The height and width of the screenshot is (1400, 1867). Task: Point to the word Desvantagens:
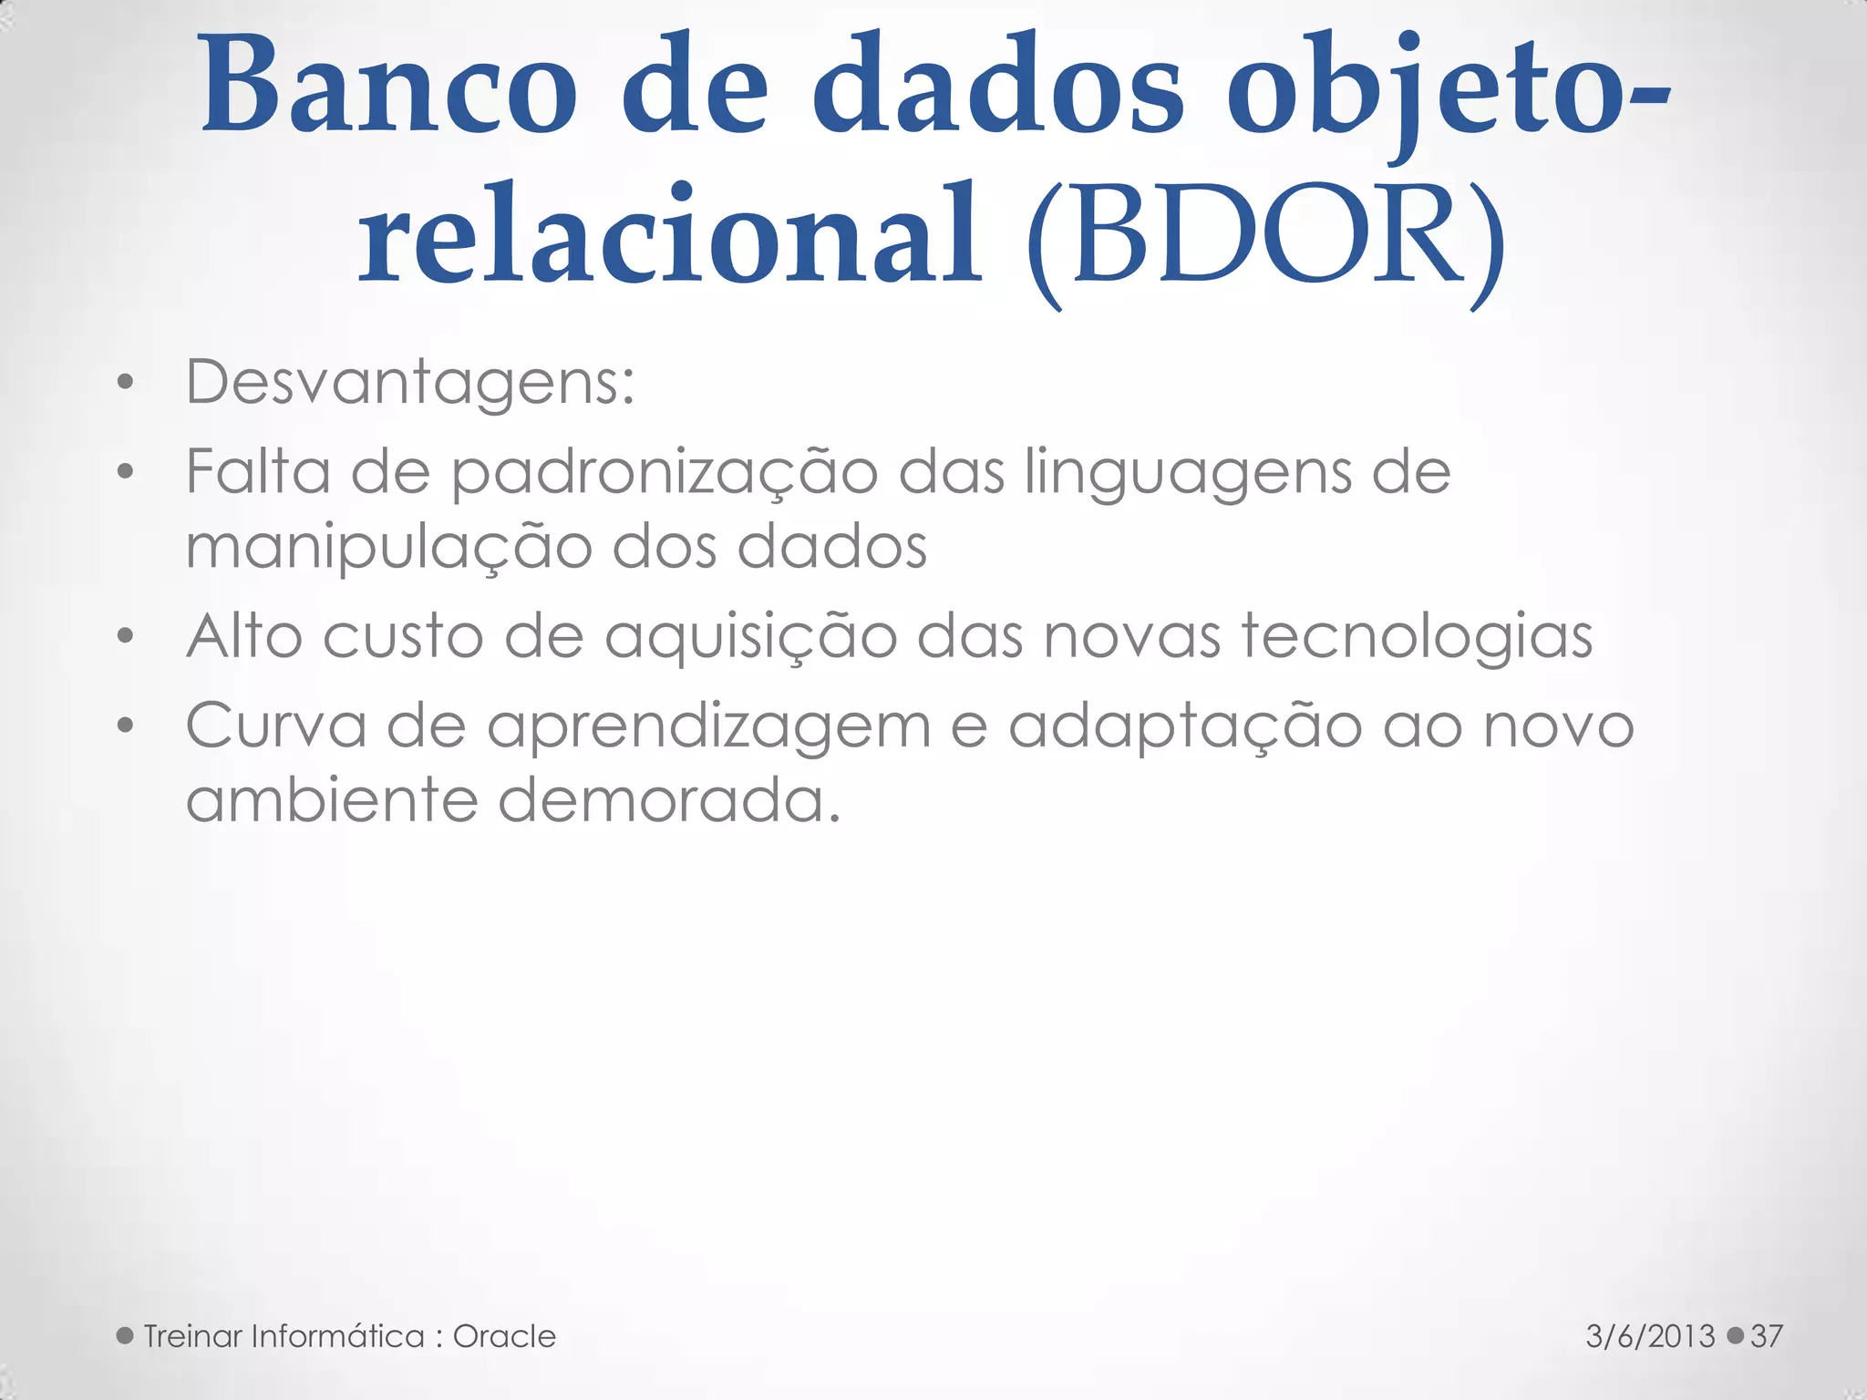coord(410,383)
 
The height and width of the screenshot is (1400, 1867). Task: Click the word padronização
coord(665,474)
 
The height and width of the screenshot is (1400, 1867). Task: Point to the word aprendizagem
coord(708,727)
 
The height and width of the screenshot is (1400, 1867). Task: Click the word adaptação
coord(1184,727)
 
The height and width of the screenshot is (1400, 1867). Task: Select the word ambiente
coord(332,800)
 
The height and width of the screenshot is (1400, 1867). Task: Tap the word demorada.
coord(669,800)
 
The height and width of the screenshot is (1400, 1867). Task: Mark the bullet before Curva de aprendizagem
coord(126,726)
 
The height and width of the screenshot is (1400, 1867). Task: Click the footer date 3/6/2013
coord(1650,1336)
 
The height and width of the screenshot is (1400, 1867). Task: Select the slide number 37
coord(1766,1336)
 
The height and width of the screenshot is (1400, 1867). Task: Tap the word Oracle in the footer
coord(504,1336)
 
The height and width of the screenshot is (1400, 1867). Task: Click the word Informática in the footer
coord(337,1336)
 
